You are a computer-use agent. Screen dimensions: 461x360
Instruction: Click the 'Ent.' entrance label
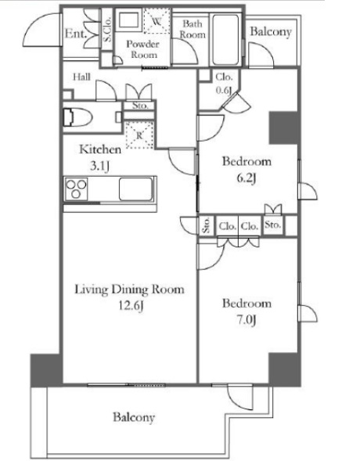tap(75, 34)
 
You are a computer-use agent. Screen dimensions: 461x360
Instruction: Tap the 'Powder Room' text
tap(143, 49)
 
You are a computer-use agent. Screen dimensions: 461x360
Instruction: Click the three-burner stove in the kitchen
tap(77, 189)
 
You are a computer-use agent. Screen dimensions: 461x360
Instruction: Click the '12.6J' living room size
tap(129, 304)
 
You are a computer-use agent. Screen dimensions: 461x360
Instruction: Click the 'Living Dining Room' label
tap(129, 290)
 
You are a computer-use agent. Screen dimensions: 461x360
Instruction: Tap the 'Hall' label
tap(81, 77)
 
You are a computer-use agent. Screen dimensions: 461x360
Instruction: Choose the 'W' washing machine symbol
tap(156, 22)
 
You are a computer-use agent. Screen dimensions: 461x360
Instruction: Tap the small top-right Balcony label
tap(271, 33)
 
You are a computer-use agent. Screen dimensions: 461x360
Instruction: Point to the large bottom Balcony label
tap(132, 417)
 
